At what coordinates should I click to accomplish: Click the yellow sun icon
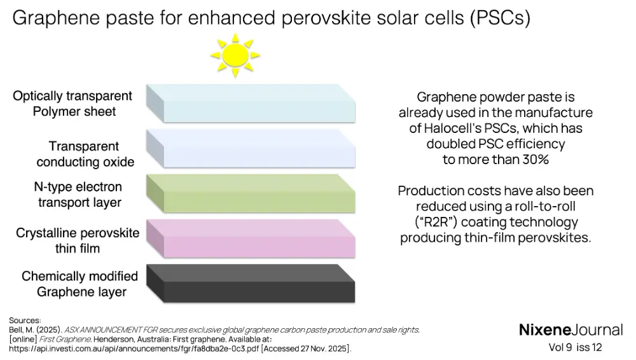pyautogui.click(x=237, y=55)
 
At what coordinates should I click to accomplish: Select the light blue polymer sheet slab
pyautogui.click(x=251, y=104)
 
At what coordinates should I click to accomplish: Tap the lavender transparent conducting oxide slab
pyautogui.click(x=251, y=149)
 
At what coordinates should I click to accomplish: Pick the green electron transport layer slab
pyautogui.click(x=251, y=194)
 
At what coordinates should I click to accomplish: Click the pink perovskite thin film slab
pyautogui.click(x=251, y=239)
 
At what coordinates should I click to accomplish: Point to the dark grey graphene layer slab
pyautogui.click(x=251, y=284)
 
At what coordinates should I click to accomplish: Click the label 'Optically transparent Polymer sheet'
pyautogui.click(x=73, y=104)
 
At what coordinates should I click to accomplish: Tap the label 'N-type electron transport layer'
pyautogui.click(x=78, y=195)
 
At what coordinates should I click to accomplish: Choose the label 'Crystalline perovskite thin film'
pyautogui.click(x=78, y=240)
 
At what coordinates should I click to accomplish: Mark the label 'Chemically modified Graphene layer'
pyautogui.click(x=80, y=284)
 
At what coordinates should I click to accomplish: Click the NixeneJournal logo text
pyautogui.click(x=570, y=329)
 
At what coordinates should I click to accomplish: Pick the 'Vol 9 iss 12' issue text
pyautogui.click(x=575, y=347)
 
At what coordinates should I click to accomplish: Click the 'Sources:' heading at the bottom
pyautogui.click(x=25, y=320)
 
